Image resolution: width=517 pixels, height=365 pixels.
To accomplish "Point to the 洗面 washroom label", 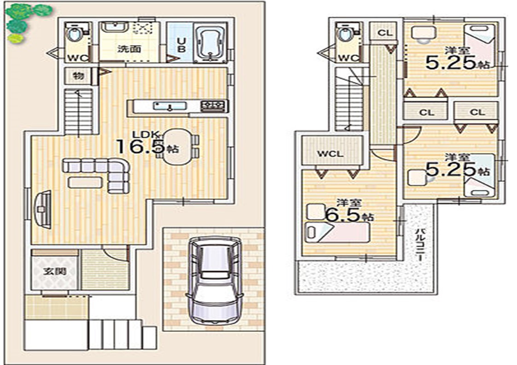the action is pos(129,49).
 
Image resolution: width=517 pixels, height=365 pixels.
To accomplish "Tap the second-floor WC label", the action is pos(349,58).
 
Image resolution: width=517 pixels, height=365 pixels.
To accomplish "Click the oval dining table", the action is pos(177,147).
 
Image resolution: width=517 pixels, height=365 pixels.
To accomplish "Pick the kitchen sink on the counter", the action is pos(169,106).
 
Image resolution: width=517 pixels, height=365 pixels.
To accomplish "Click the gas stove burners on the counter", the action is pos(213,106).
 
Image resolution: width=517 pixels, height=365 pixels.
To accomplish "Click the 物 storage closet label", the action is pos(78,76).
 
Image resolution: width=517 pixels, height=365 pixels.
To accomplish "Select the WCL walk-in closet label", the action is pos(331,154).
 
